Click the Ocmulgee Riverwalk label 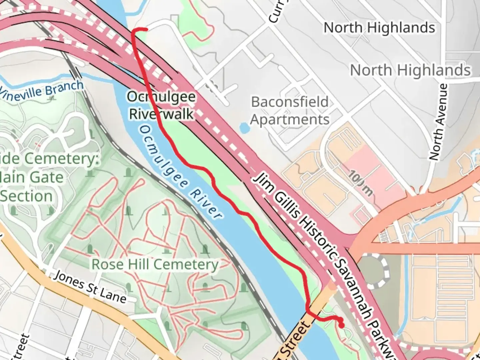click(161, 105)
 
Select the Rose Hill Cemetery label click(155, 264)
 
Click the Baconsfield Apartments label click(290, 111)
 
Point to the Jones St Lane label click(90, 287)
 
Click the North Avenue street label click(438, 122)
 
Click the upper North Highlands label click(379, 28)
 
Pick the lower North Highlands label click(410, 70)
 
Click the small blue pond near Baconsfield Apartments click(244, 127)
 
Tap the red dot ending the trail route click(341, 325)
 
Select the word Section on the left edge click(27, 196)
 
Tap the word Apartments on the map click(290, 119)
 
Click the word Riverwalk click(161, 114)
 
